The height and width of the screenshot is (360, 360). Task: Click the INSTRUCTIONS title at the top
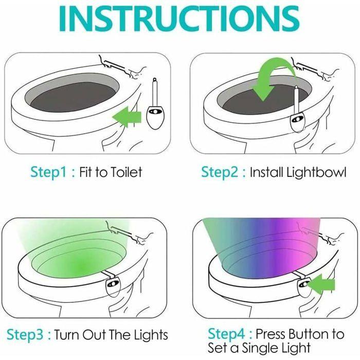180,20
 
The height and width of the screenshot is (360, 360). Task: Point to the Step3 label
26,335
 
